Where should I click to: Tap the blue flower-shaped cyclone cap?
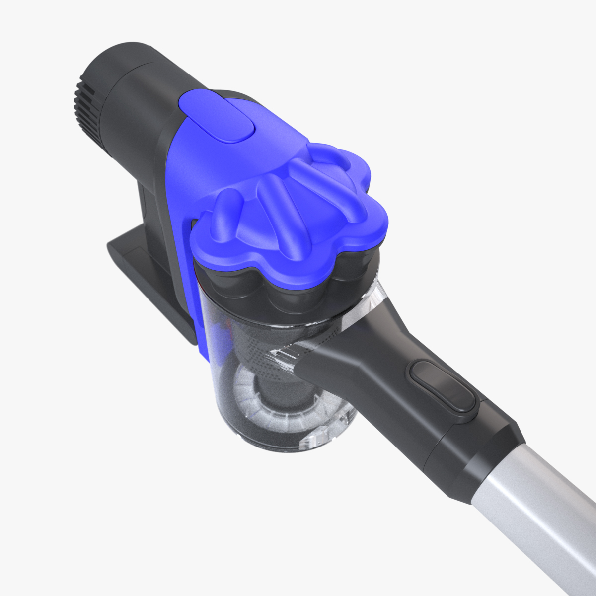[x=288, y=199]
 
